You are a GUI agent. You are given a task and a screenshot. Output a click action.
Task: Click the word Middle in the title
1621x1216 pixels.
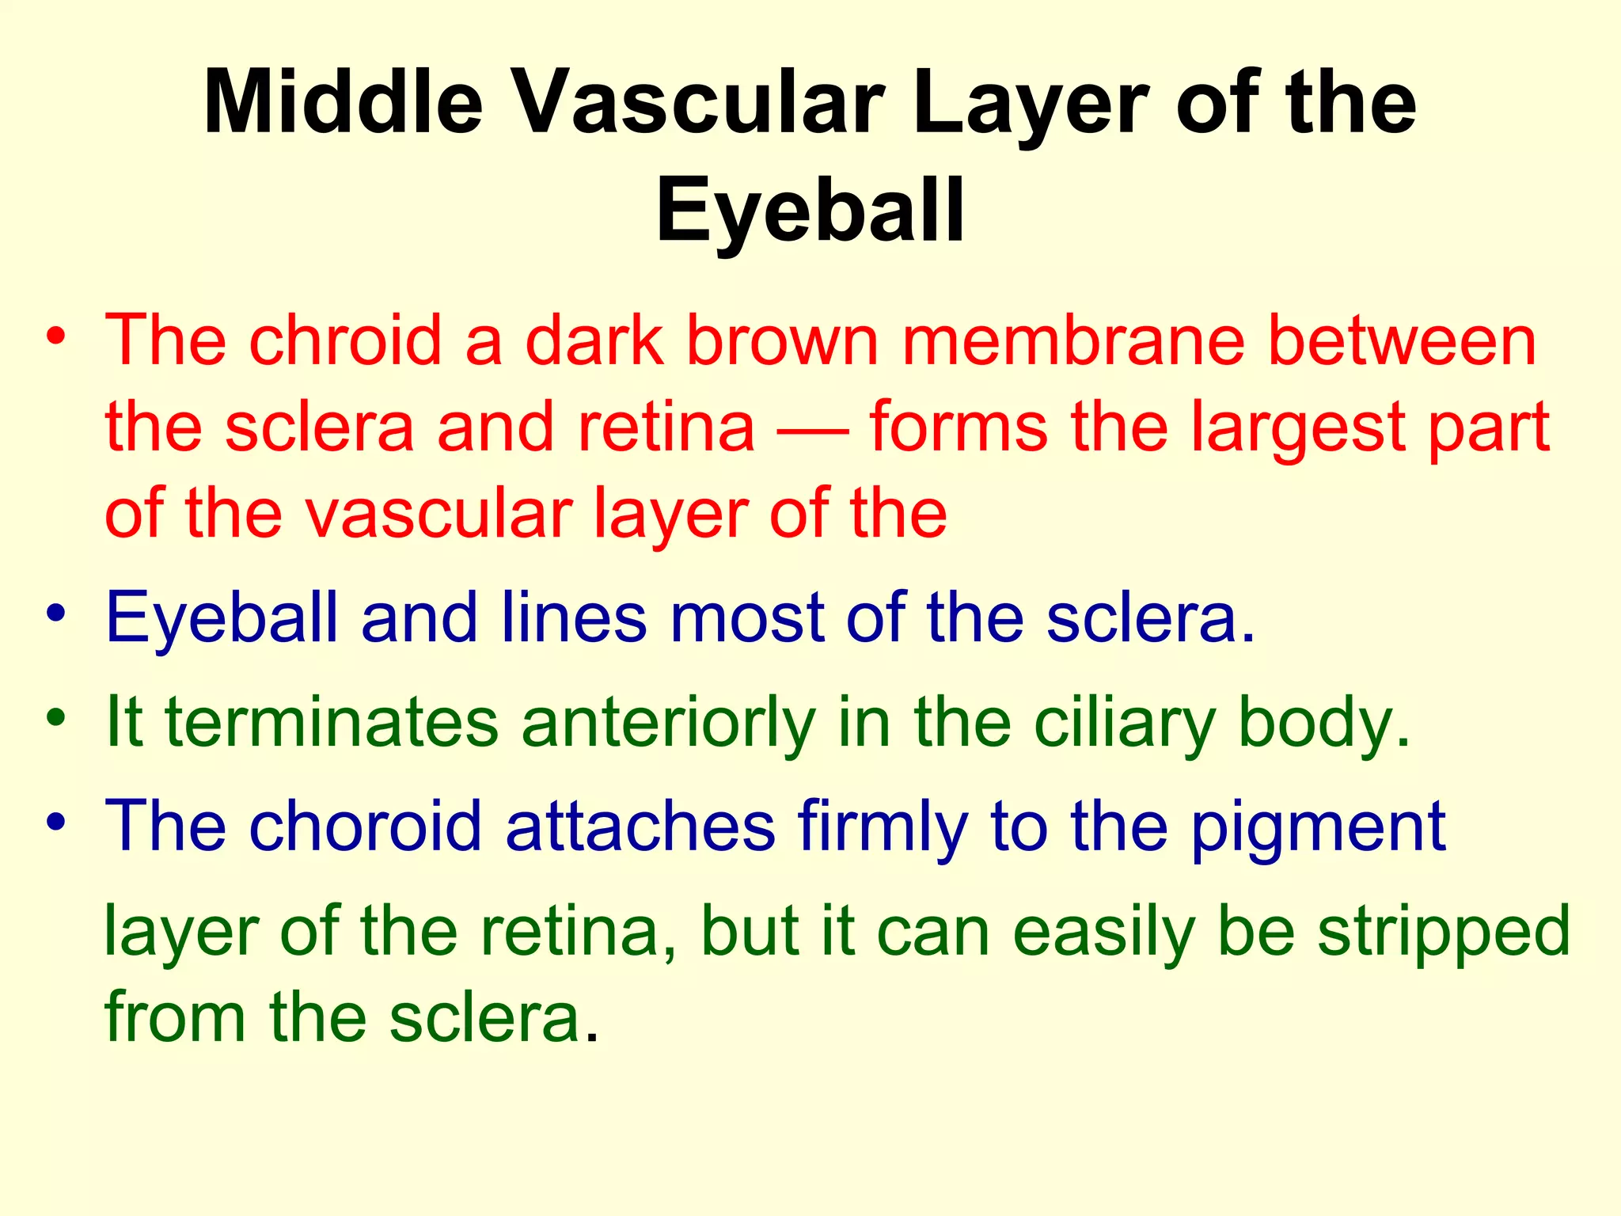click(x=343, y=104)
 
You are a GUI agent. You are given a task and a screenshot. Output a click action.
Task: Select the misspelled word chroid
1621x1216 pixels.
click(x=345, y=340)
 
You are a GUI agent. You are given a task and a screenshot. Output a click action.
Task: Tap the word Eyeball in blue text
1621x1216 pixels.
click(x=222, y=618)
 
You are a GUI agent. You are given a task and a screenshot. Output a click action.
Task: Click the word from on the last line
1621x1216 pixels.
click(x=175, y=1016)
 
